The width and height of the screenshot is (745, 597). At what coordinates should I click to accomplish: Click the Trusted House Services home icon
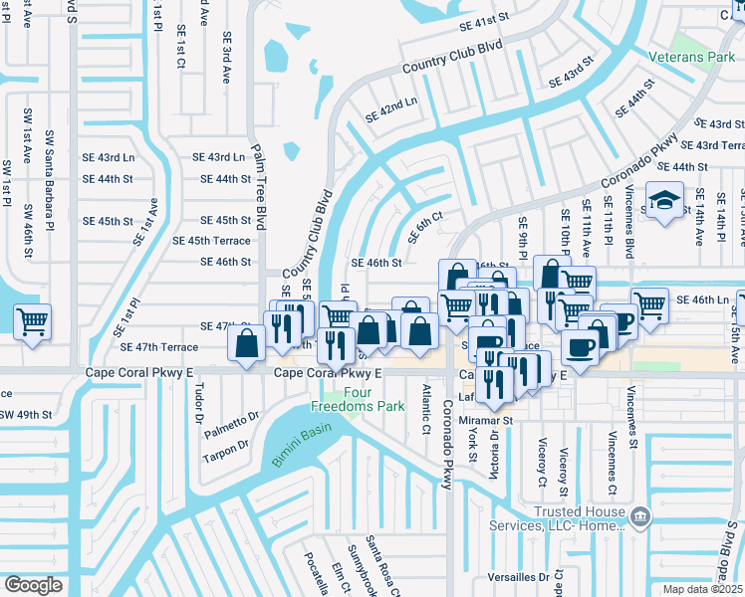pos(641,514)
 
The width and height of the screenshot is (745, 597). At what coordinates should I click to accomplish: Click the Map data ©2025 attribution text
pos(703,589)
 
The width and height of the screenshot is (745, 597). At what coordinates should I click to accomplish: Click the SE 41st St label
pos(484,21)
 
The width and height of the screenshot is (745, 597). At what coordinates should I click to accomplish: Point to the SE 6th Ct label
pos(422,231)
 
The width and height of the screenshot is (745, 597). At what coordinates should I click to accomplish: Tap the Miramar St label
pos(485,420)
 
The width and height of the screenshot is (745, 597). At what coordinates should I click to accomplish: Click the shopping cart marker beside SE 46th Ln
pos(649,306)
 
